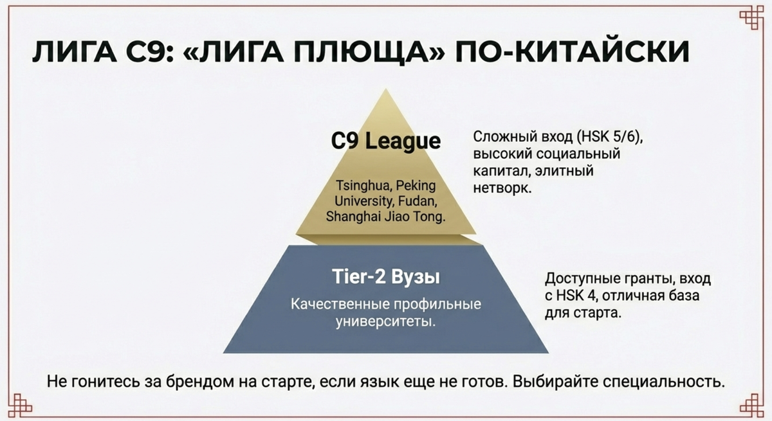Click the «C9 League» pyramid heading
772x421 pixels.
click(x=385, y=141)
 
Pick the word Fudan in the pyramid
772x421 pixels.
click(x=420, y=201)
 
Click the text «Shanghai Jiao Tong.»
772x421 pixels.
click(x=385, y=216)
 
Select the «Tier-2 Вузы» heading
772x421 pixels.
click(x=385, y=278)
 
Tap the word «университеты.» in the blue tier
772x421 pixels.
click(x=385, y=321)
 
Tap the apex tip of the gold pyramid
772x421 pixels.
click(x=385, y=91)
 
